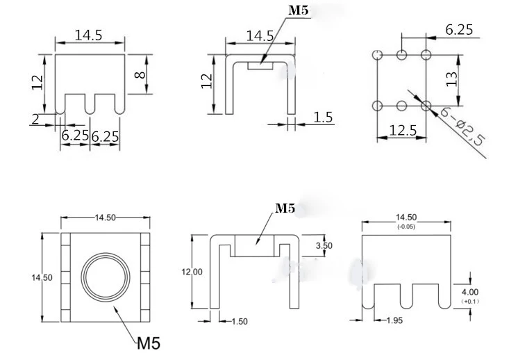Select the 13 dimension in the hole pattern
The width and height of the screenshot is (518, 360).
[451, 78]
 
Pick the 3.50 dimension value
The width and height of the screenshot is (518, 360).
[324, 246]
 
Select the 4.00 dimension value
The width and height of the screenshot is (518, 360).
[470, 292]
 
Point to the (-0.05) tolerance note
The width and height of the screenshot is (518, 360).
[406, 227]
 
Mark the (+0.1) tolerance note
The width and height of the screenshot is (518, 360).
[470, 302]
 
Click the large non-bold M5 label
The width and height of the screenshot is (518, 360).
[149, 343]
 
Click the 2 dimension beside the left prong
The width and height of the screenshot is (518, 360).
[34, 119]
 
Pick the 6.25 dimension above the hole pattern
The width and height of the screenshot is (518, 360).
[459, 30]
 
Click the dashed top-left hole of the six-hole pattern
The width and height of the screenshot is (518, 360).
[377, 56]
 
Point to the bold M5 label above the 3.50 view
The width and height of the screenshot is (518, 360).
[285, 208]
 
